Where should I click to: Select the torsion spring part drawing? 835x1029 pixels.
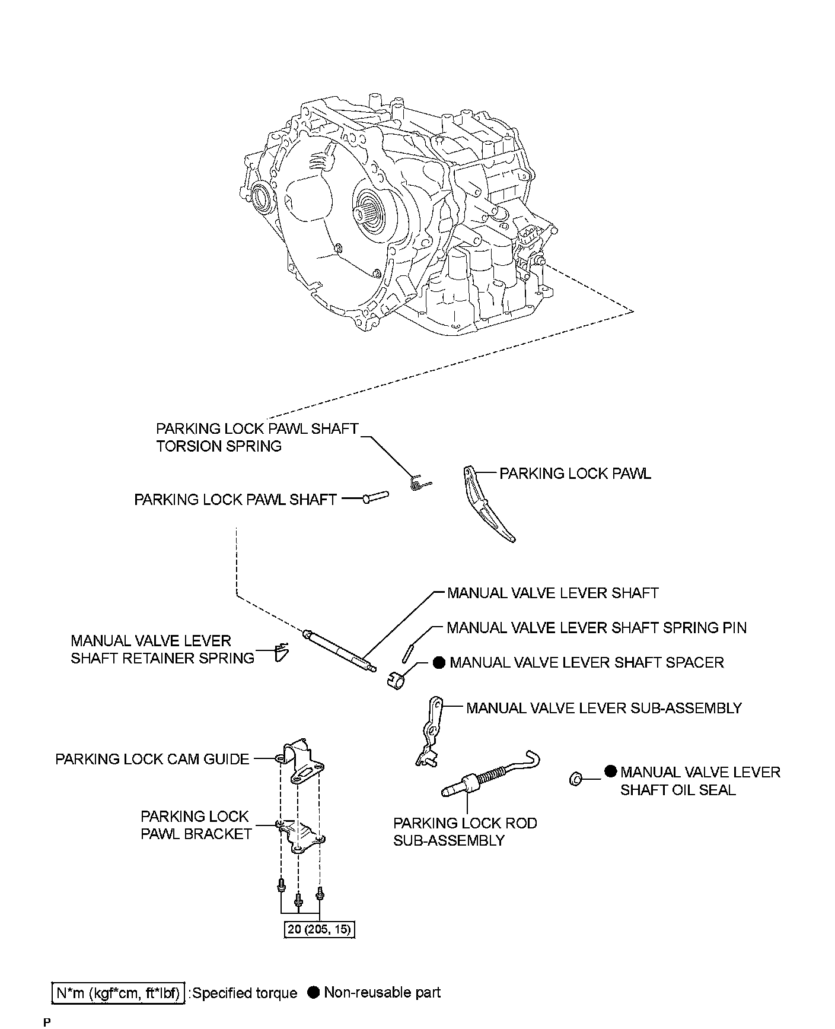pos(419,482)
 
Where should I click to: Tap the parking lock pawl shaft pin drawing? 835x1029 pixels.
pos(375,497)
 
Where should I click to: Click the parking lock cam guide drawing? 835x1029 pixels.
pos(302,762)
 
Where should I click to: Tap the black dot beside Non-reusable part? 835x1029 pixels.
pos(314,992)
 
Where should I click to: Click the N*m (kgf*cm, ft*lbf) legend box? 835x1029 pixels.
pos(119,992)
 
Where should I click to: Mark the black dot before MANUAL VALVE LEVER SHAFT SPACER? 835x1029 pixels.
pos(439,662)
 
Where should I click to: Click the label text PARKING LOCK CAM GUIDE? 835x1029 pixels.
pos(152,759)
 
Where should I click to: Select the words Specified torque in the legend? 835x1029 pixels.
pos(245,993)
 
